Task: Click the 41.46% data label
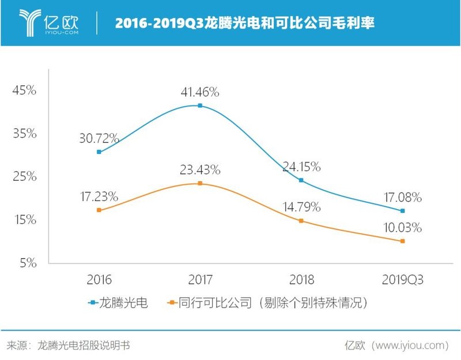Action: click(200, 92)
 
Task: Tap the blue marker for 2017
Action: click(200, 105)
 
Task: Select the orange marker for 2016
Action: click(99, 210)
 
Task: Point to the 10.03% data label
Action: click(402, 228)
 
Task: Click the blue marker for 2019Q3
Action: click(403, 211)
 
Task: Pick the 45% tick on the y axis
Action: click(25, 90)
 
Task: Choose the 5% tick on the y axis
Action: click(27, 263)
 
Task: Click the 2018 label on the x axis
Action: click(301, 280)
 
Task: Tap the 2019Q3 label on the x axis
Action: click(403, 280)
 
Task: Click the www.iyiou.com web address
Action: click(410, 345)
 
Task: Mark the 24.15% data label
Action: click(301, 167)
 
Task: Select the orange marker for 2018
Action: click(301, 221)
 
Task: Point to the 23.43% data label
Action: click(200, 170)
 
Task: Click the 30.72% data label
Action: click(99, 138)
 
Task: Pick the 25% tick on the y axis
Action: click(25, 177)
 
